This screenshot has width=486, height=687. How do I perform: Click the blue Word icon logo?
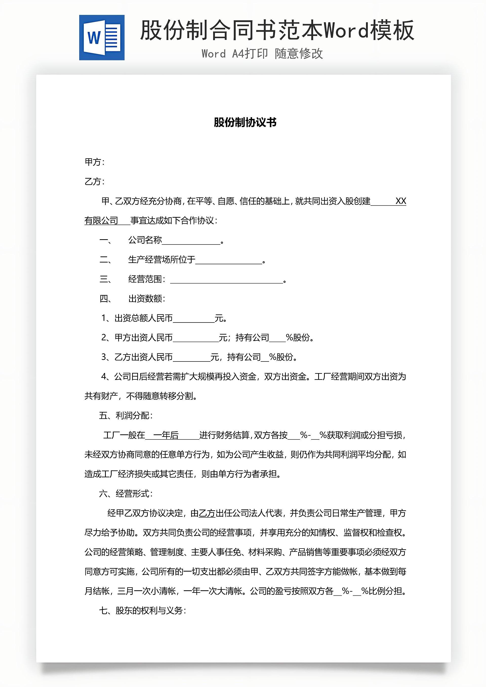[102, 38]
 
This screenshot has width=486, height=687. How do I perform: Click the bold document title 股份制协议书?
[245, 122]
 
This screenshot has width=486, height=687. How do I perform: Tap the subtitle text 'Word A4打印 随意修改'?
[262, 54]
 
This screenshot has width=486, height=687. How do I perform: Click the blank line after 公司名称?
[191, 241]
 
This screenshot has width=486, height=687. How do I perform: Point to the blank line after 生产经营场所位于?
[229, 260]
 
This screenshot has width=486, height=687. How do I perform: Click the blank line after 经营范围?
[227, 280]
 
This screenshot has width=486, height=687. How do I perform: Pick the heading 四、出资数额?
[132, 299]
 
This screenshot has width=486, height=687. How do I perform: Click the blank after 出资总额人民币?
[194, 319]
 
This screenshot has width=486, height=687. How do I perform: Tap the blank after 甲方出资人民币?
[196, 338]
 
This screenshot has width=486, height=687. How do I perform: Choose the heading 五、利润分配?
[126, 416]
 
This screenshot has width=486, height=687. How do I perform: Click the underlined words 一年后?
[166, 435]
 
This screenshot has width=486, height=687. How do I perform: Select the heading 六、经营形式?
[126, 494]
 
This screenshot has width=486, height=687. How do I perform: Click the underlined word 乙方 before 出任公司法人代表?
[207, 513]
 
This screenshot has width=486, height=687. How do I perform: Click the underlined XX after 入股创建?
[401, 201]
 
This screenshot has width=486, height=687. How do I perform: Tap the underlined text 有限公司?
[101, 220]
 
